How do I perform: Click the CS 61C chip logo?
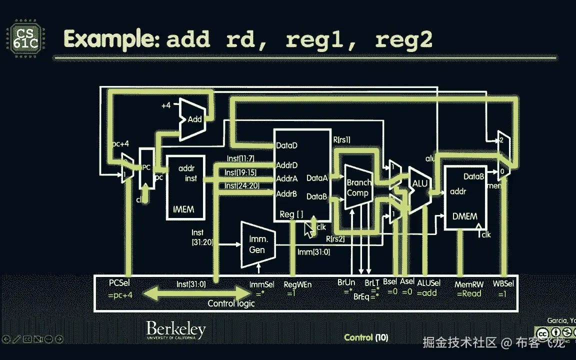24,39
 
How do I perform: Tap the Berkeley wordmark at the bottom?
176,330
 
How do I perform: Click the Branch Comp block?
358,188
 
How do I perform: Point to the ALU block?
419,184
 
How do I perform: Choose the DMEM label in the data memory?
464,216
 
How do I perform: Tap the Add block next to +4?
194,119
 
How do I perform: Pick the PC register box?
146,168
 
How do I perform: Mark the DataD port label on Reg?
287,146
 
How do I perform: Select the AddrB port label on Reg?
287,193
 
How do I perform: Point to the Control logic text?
231,303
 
